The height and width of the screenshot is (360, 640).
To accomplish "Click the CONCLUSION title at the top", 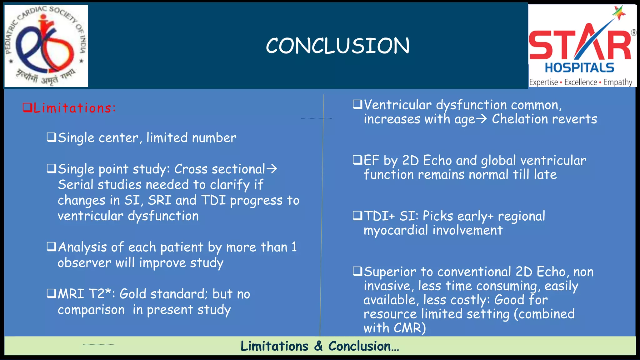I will coord(337,46).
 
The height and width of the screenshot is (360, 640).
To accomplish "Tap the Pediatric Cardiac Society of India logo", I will coord(46,46).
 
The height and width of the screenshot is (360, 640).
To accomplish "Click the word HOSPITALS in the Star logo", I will coord(579,68).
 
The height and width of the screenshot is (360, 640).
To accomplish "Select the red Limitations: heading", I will coord(69,108).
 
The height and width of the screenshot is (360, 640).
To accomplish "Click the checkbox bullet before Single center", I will coord(51,137).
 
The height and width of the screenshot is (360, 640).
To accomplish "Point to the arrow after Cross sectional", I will coord(272,169).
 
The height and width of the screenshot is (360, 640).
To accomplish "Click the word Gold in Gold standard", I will coord(133,294).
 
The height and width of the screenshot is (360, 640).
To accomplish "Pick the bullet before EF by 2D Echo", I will coord(357,160).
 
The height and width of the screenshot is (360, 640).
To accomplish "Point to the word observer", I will coord(84,263).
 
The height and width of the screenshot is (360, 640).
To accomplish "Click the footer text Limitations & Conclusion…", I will coord(320,346).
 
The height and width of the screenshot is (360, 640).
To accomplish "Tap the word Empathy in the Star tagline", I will coord(618,82).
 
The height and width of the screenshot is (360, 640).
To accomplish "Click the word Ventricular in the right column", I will coord(397,105).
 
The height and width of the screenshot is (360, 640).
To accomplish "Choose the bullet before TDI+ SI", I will coord(357,216).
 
